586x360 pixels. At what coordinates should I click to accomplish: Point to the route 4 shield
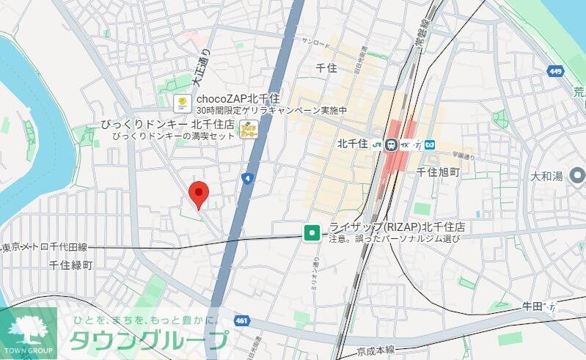(248, 178)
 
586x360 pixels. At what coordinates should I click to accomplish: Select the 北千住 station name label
(352, 144)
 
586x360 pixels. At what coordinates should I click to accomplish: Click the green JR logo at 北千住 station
(377, 144)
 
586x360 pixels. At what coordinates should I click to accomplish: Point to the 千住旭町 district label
(437, 171)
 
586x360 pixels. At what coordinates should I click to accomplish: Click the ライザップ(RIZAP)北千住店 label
(398, 227)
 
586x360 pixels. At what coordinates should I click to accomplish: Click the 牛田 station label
(535, 304)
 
